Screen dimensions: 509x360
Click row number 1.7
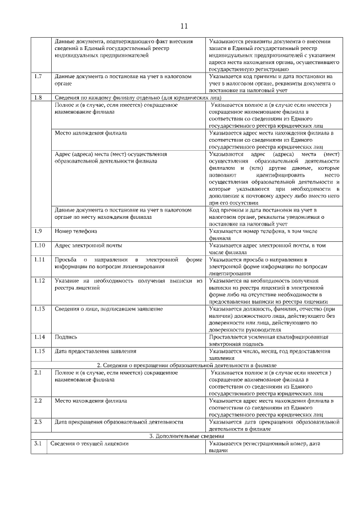(x=37, y=76)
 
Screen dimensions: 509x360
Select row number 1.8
(x=37, y=97)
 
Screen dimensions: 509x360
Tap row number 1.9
(x=37, y=231)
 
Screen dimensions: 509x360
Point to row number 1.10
(x=38, y=245)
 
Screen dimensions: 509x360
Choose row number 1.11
(x=38, y=259)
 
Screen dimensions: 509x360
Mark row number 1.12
(x=38, y=280)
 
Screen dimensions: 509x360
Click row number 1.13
(x=38, y=309)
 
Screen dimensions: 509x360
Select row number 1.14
(x=38, y=337)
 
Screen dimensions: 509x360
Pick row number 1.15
(x=38, y=351)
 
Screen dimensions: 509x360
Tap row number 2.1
(x=37, y=372)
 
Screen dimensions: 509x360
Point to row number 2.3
(x=37, y=421)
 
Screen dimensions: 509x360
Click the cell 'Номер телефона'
(x=76, y=231)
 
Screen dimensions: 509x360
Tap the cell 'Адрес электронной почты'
(x=88, y=245)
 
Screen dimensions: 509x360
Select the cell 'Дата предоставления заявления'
(x=95, y=351)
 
